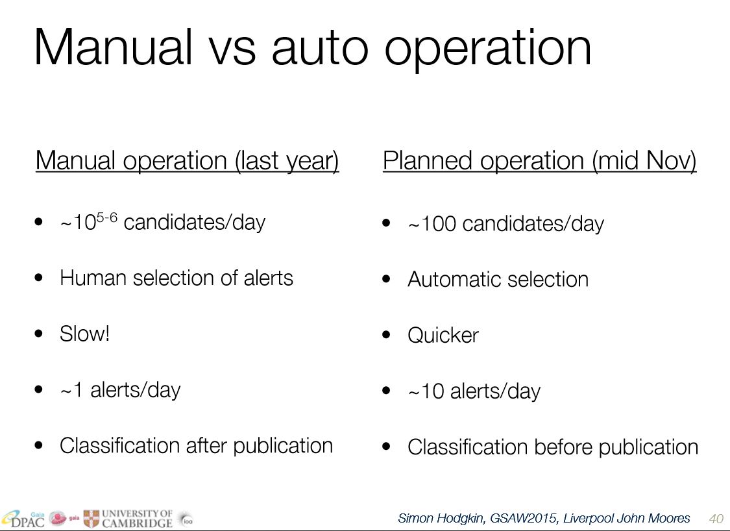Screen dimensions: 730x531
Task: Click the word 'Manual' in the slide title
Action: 113,47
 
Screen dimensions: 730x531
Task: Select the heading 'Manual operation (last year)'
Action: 187,161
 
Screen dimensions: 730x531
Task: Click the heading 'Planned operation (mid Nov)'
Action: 540,161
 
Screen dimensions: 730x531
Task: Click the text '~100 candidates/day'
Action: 505,224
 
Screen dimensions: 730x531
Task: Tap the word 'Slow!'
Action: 85,334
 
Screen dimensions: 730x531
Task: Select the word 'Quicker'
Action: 443,335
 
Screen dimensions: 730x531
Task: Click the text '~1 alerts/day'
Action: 120,390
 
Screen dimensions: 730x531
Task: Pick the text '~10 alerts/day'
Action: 474,391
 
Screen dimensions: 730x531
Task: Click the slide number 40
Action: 716,519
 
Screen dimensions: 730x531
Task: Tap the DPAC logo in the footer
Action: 23,519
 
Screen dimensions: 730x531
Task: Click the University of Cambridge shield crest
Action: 91,519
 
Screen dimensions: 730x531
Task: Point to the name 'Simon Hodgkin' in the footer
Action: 441,519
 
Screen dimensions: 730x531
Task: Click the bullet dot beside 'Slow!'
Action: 39,334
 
